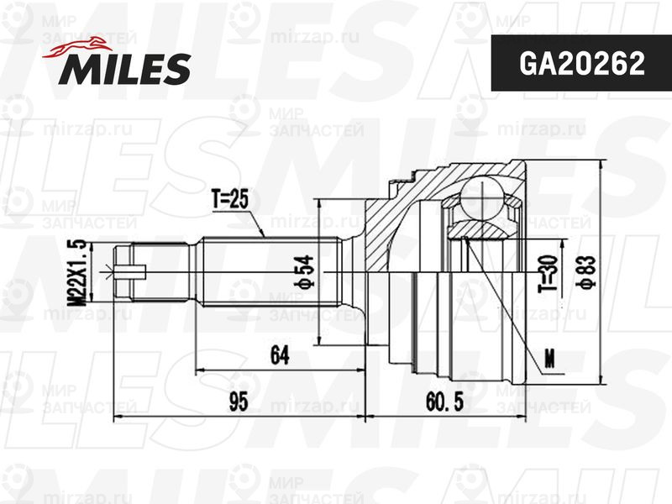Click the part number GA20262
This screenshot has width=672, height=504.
point(581,64)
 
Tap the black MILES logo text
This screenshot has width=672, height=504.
point(124,69)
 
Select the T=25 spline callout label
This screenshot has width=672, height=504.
point(229,199)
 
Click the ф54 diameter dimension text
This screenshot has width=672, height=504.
point(304,270)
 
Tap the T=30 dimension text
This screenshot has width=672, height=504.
point(549,273)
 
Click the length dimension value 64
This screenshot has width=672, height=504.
point(280,354)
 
